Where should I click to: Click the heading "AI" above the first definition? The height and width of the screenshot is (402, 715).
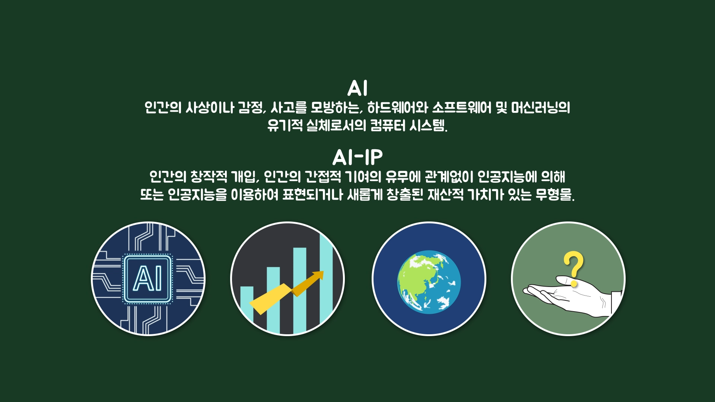point(357,88)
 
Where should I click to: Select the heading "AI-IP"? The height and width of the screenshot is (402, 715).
point(357,157)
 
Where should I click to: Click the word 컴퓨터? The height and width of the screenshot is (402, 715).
point(388,125)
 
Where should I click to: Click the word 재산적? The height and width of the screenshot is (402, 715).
point(446,194)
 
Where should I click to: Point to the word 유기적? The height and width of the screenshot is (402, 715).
point(285,125)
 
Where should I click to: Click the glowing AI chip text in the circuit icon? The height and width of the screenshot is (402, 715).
point(148,278)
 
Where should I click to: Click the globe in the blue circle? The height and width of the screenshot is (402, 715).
point(429,282)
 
